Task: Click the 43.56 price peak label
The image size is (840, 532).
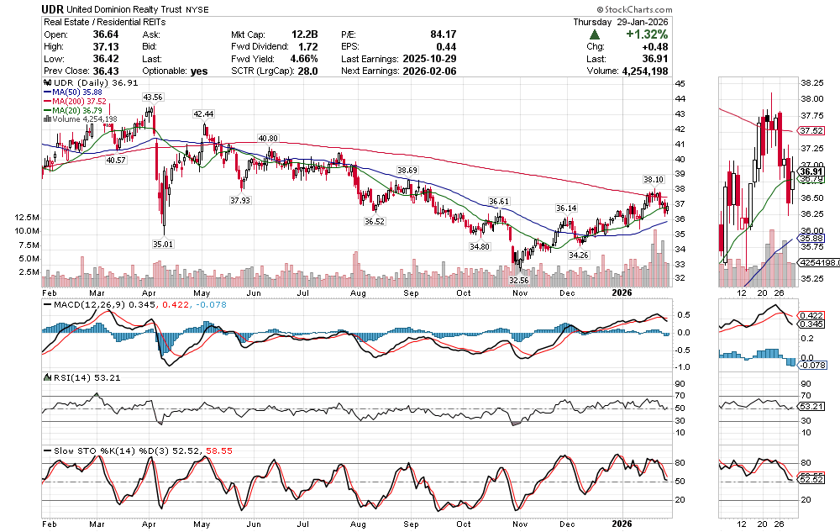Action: [152, 97]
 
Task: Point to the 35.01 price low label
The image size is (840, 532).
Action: [162, 244]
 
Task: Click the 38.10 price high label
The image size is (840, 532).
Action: [654, 180]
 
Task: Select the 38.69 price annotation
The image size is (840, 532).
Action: [407, 171]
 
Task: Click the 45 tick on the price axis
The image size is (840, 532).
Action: [680, 84]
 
